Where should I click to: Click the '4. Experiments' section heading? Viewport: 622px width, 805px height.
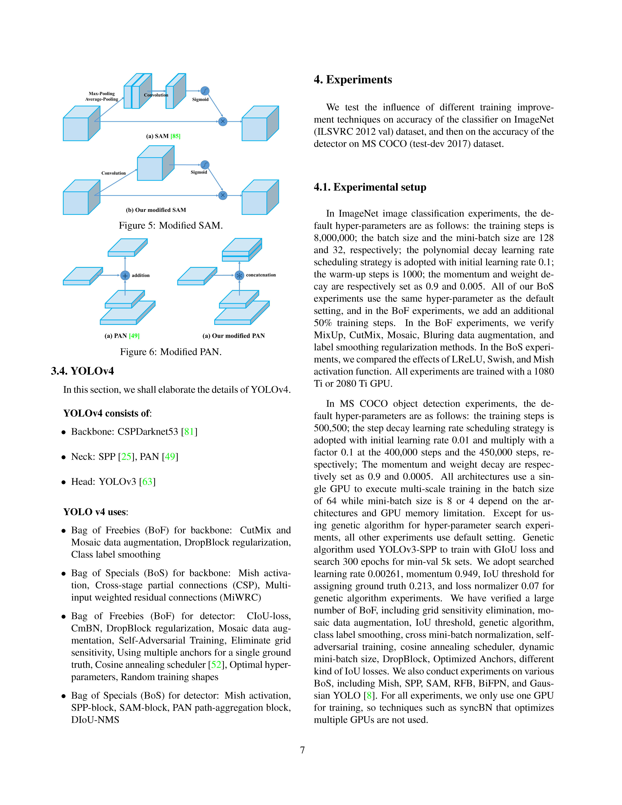point(353,80)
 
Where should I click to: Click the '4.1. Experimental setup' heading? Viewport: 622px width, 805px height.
point(370,187)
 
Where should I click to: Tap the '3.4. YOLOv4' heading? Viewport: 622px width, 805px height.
point(82,371)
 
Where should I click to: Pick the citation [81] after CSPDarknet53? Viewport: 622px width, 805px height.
point(189,432)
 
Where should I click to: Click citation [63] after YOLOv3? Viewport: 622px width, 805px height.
point(147,482)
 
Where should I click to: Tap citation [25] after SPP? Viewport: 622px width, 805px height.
point(126,457)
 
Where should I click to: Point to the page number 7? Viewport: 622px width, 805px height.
point(303,750)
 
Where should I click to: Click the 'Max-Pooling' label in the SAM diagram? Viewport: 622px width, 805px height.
point(102,94)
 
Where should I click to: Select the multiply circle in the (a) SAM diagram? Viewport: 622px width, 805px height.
point(223,121)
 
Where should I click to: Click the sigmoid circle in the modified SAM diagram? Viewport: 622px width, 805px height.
point(205,165)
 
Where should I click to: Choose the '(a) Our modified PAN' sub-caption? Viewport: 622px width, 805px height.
point(234,336)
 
